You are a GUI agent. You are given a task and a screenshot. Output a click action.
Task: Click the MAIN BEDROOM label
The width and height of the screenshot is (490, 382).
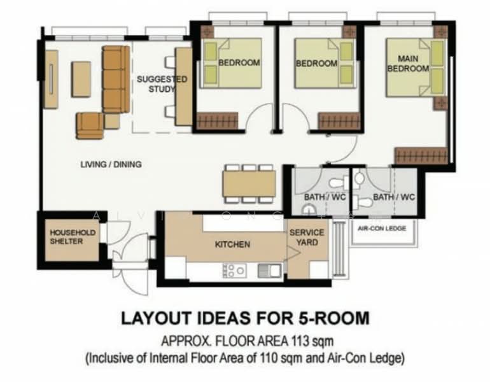click(408, 64)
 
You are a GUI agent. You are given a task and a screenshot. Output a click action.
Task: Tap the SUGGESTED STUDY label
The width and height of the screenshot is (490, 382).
click(162, 84)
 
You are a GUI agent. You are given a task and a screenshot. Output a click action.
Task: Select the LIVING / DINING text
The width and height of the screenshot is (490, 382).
click(111, 164)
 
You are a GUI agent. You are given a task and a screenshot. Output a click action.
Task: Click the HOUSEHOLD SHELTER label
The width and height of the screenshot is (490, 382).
click(73, 237)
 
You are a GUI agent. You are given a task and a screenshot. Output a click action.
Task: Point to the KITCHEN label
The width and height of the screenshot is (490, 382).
click(232, 244)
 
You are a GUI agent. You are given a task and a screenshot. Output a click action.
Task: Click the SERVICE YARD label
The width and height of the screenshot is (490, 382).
click(307, 237)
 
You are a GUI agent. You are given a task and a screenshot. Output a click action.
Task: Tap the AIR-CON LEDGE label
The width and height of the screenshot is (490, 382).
click(382, 228)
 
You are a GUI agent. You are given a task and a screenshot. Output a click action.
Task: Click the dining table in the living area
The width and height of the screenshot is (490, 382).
click(249, 183)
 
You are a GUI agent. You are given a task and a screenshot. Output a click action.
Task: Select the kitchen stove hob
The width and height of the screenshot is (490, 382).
click(234, 271)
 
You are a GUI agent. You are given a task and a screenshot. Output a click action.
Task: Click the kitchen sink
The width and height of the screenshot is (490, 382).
click(269, 271)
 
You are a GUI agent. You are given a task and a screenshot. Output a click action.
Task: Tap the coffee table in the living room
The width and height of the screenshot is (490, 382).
click(81, 79)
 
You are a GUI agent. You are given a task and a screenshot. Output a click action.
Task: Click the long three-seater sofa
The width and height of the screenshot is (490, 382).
click(116, 80)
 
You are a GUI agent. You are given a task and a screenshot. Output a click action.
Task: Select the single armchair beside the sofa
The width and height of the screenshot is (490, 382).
click(90, 125)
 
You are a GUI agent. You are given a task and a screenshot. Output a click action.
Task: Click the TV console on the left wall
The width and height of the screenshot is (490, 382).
click(51, 80)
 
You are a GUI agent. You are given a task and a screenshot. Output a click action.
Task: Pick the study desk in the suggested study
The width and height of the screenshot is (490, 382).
click(183, 87)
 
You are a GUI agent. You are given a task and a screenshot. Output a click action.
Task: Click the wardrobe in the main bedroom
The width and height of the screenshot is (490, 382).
click(421, 156)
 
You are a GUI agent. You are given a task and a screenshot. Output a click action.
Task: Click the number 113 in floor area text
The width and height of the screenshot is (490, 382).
click(300, 341)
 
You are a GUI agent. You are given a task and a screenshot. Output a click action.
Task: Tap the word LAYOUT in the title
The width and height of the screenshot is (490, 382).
click(156, 318)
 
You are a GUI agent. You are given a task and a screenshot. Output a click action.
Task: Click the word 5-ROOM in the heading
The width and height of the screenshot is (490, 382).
click(333, 318)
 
